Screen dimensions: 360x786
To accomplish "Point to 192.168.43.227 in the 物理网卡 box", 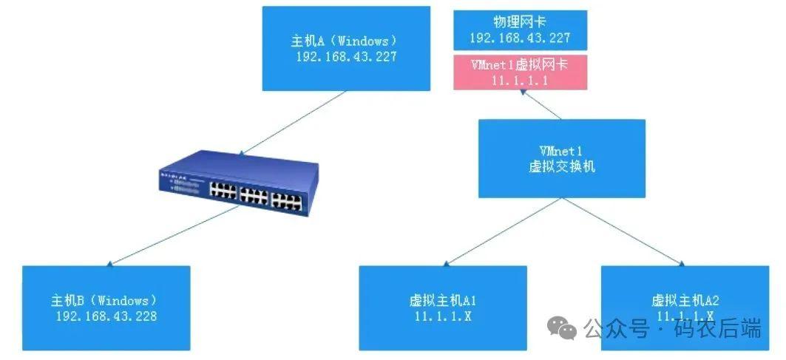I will click(520, 39).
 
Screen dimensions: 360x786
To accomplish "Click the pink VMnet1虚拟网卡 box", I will click(520, 72).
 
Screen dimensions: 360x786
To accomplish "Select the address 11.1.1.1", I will click(520, 81).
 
